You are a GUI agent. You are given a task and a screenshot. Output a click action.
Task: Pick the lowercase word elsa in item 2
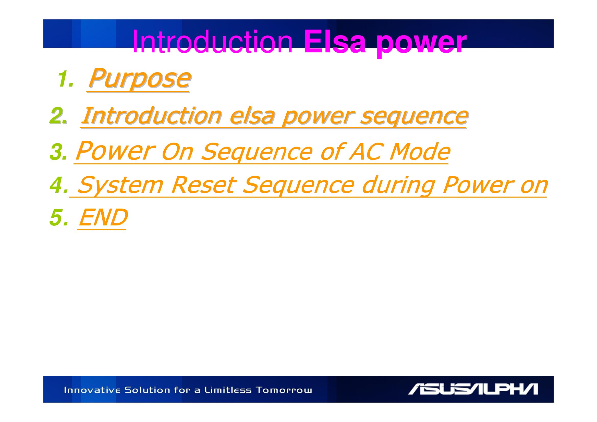pos(252,116)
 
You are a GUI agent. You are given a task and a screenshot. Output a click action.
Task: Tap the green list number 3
pos(58,152)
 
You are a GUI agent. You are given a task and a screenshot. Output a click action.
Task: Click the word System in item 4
pos(120,186)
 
